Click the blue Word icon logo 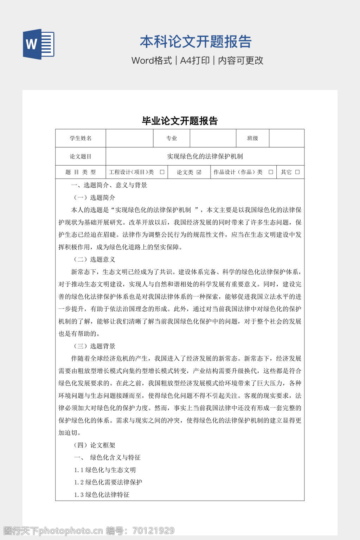tap(39, 44)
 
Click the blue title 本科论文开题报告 tap(195, 42)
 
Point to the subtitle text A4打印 tap(195, 60)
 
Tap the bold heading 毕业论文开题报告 tap(180, 121)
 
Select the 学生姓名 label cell tap(81, 138)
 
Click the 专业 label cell tap(172, 138)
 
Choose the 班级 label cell tap(252, 138)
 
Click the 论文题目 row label tap(81, 156)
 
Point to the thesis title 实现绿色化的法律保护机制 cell tap(205, 156)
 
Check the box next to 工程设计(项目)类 tap(162, 172)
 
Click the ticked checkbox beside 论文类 tap(199, 172)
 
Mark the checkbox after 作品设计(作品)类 tap(271, 172)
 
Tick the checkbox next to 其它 tap(297, 172)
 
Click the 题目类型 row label tap(81, 172)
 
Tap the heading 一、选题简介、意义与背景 tap(109, 185)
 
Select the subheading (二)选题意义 tap(94, 259)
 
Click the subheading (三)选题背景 tap(94, 346)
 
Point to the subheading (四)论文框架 tap(94, 445)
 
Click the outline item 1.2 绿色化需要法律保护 tap(108, 482)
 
